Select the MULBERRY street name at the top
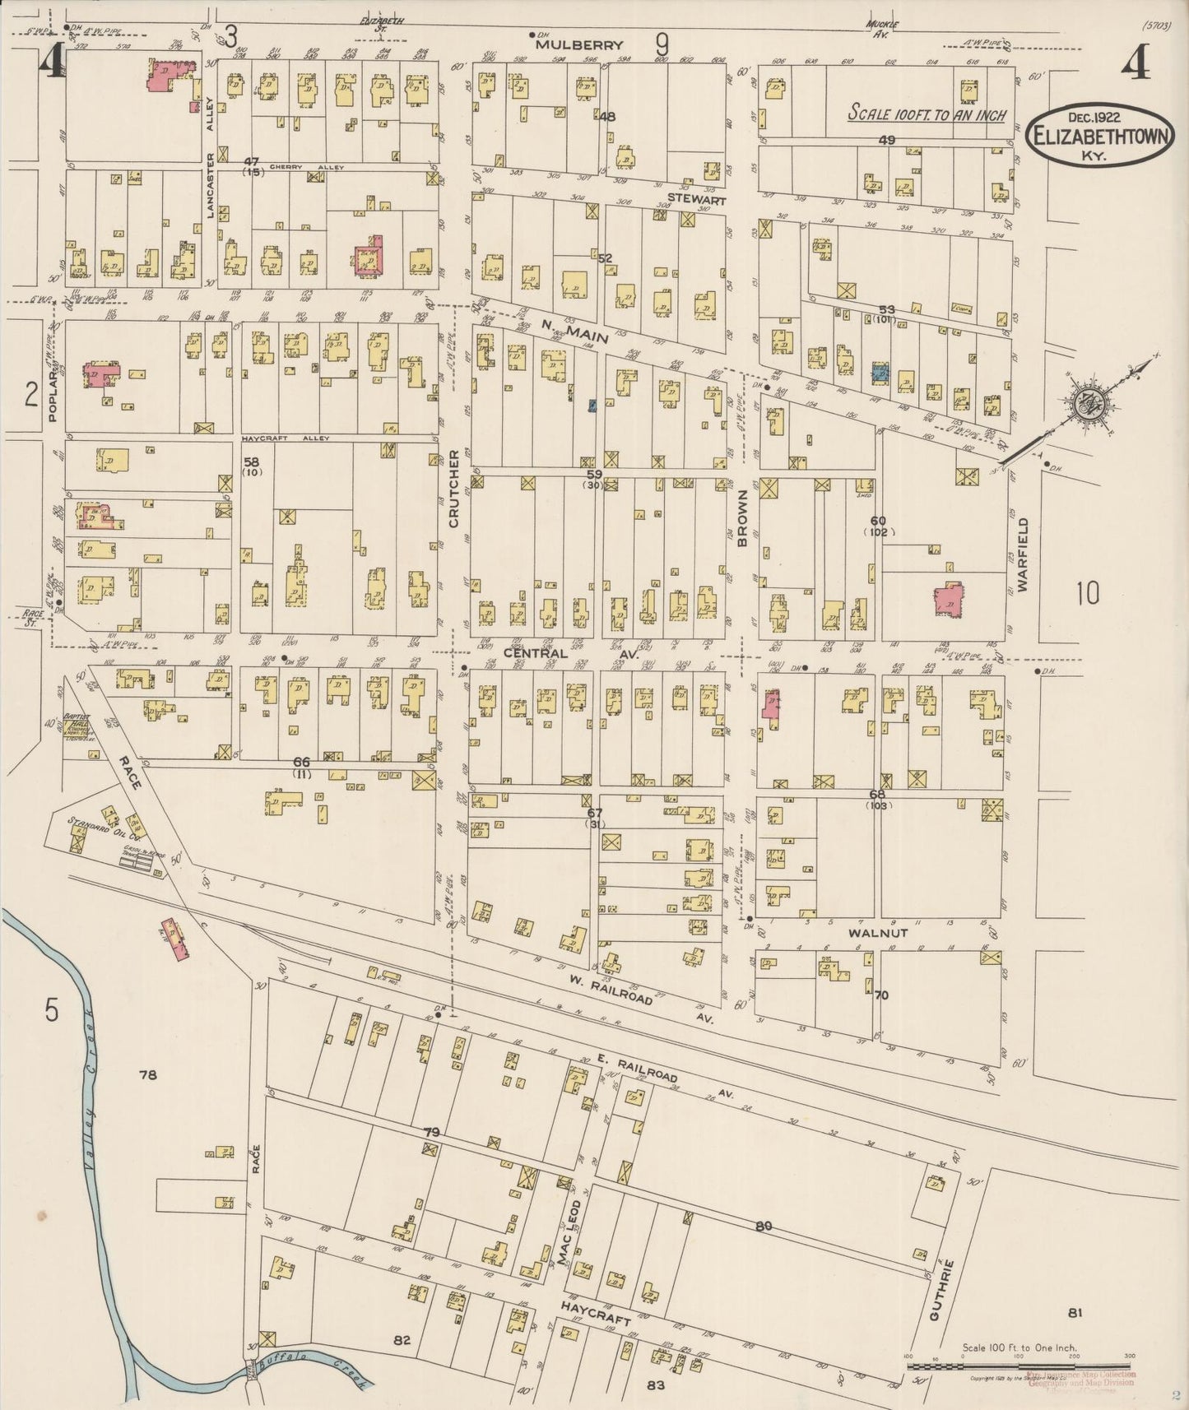[x=581, y=46]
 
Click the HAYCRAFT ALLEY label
[x=286, y=438]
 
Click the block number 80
[x=764, y=1227]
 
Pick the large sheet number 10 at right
[x=1087, y=593]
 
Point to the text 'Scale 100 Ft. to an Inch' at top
[x=927, y=114]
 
